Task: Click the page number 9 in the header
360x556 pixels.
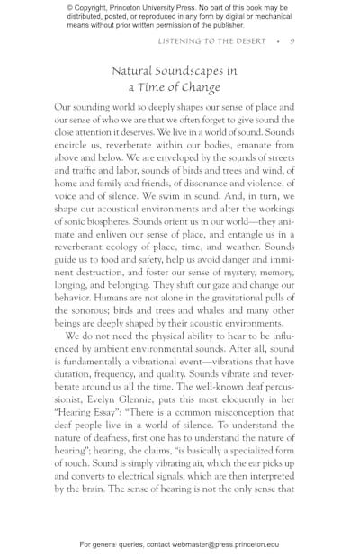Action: click(293, 42)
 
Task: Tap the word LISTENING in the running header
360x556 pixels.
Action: click(182, 42)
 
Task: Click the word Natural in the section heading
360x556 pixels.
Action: click(139, 70)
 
